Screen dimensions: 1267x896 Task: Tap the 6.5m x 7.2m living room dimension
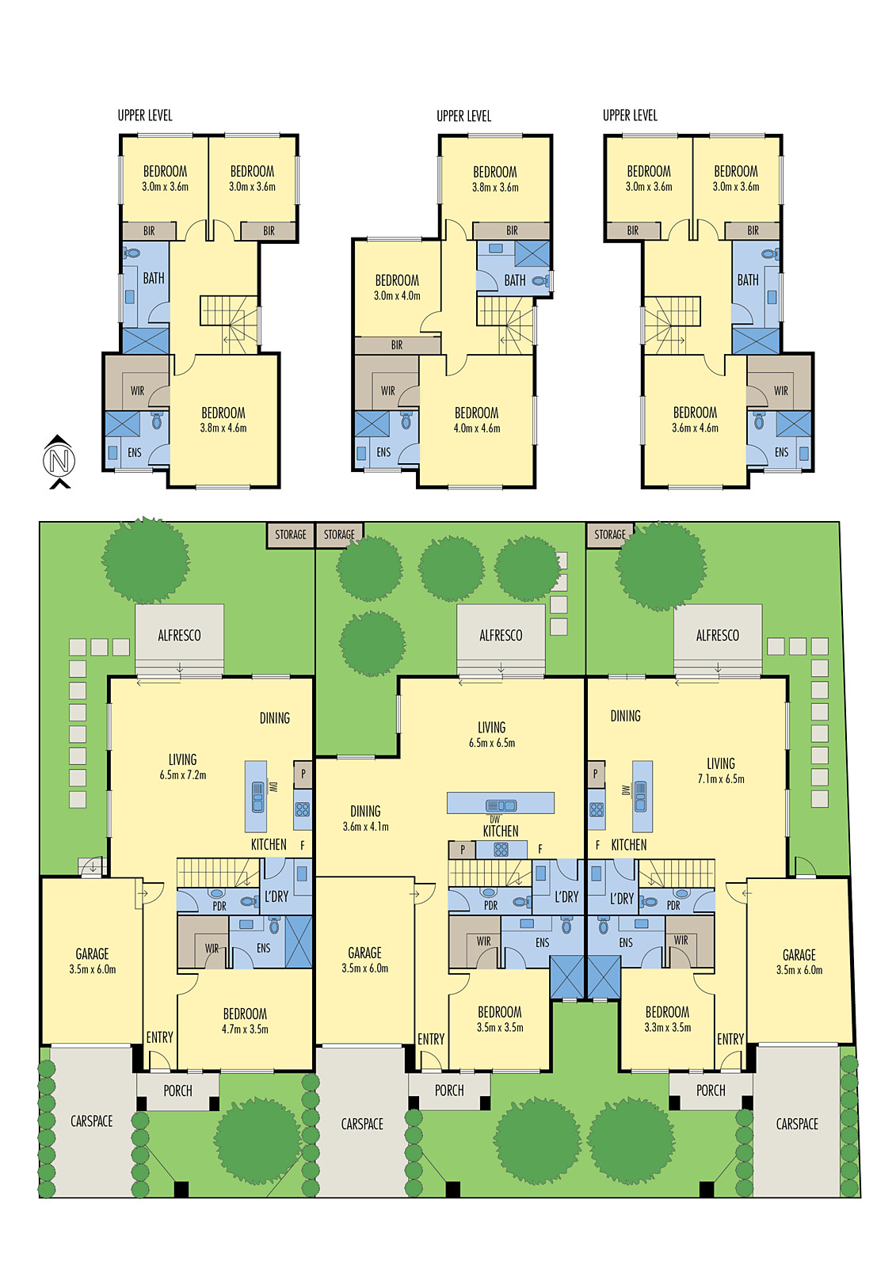coord(183,775)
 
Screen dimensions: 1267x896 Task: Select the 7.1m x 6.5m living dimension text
coord(721,779)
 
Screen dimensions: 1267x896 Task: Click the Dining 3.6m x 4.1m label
coord(365,819)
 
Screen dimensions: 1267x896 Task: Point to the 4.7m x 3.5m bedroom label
coord(245,1022)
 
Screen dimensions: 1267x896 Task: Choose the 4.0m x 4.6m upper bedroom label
coord(477,420)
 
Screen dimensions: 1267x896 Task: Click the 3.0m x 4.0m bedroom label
coord(397,288)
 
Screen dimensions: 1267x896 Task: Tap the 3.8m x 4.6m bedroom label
coord(223,420)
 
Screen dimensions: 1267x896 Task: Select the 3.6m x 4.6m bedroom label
coord(695,420)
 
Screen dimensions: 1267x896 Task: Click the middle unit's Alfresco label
coord(501,636)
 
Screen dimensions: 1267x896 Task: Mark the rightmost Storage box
coord(610,535)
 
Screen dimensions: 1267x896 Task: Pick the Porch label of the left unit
coord(177,1091)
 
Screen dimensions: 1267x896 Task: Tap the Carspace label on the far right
coord(797,1124)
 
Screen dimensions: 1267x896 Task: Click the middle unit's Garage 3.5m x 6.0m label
coord(364,961)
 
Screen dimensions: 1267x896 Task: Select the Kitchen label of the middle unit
coord(501,831)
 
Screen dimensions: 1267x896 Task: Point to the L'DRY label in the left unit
coord(276,897)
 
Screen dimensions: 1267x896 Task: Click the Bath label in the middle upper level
coord(515,280)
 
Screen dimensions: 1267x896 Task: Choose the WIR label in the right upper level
coord(781,391)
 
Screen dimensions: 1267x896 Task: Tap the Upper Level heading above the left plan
coord(145,116)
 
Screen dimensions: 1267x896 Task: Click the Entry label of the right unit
coord(730,1039)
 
